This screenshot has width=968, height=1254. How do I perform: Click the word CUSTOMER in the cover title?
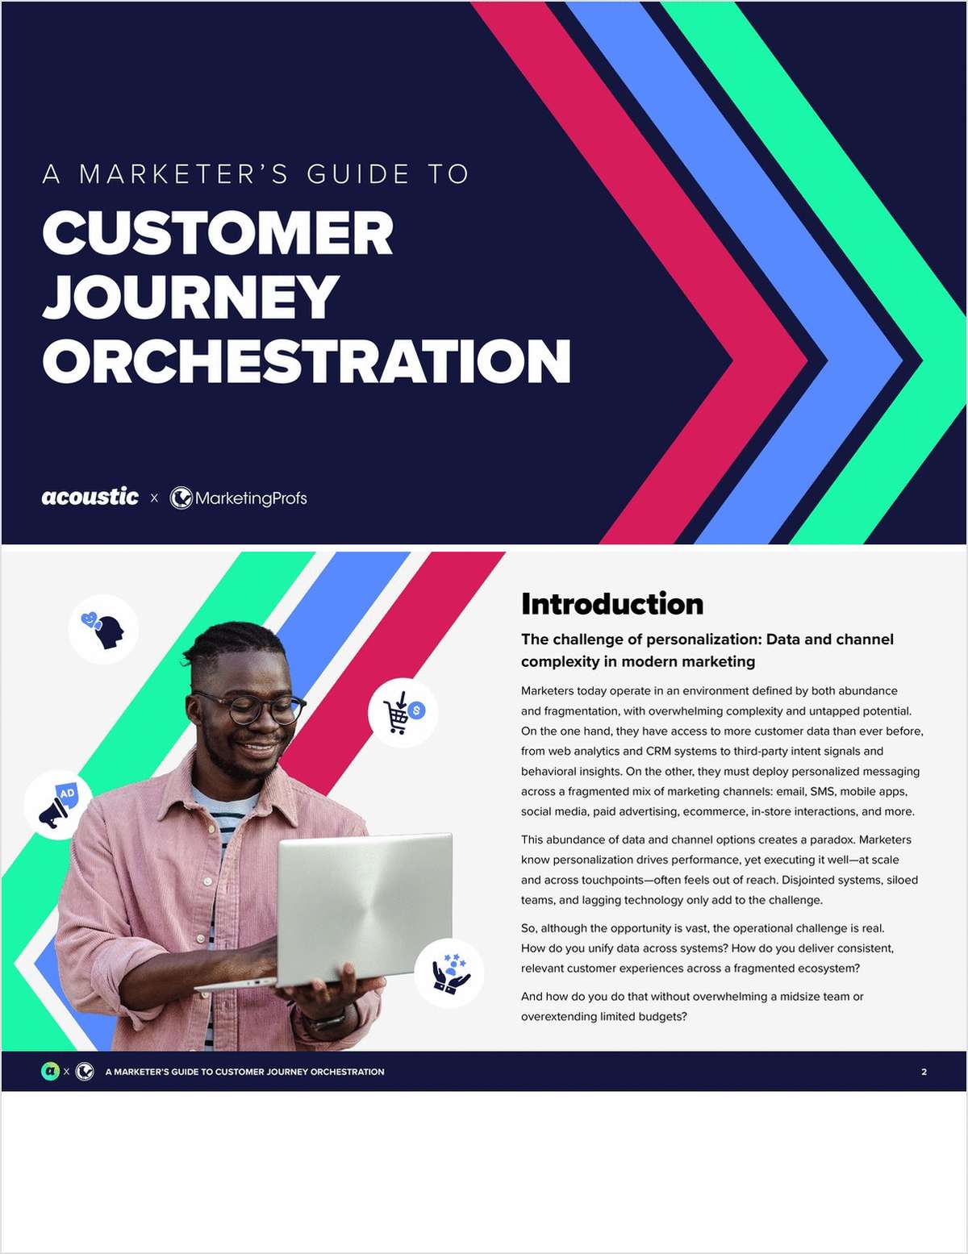pos(218,233)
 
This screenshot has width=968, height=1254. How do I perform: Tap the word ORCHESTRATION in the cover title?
pos(307,360)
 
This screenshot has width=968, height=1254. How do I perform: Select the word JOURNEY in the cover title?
pos(190,297)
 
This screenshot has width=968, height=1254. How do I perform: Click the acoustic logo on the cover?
pos(90,497)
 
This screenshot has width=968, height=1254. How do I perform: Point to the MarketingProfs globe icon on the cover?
pos(181,498)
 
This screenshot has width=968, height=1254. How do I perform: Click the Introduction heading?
pos(611,604)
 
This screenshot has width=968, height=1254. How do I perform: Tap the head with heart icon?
pos(103,629)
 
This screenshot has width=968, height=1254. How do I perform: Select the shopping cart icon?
pos(403,713)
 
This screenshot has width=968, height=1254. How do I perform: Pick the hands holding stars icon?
pos(449,973)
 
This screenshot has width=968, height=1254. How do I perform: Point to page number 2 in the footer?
pos(924,1072)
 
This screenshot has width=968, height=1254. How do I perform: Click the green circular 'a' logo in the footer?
pos(50,1072)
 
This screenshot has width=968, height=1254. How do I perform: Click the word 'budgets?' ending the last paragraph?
pos(663,1016)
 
